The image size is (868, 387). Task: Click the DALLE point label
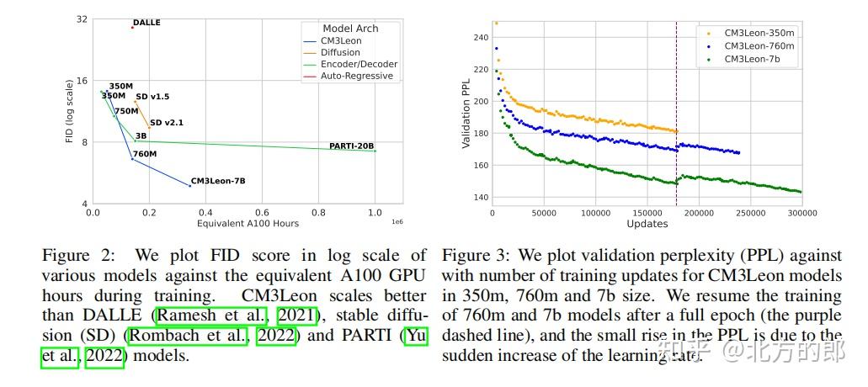(x=146, y=23)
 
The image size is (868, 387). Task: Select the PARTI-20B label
(x=351, y=146)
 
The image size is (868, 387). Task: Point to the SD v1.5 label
(x=152, y=97)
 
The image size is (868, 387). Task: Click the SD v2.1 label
(x=167, y=123)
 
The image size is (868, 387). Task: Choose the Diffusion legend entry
(x=340, y=52)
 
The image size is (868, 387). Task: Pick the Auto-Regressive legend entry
(x=357, y=76)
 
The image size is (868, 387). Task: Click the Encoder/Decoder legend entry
(x=359, y=64)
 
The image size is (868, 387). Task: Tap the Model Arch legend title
(x=350, y=29)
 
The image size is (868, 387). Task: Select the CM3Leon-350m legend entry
(x=759, y=33)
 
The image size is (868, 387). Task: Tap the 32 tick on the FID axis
(x=82, y=19)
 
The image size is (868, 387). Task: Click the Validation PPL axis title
(x=466, y=115)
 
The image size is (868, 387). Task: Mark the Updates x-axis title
(x=647, y=224)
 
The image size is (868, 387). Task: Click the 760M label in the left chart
(x=145, y=154)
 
